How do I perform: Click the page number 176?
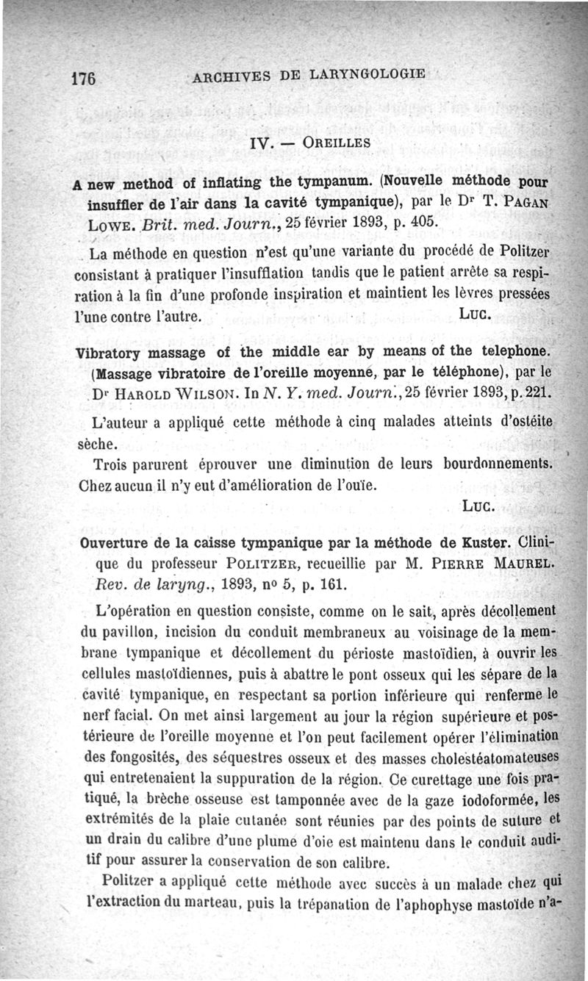[85, 79]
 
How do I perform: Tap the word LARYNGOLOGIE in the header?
[367, 73]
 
